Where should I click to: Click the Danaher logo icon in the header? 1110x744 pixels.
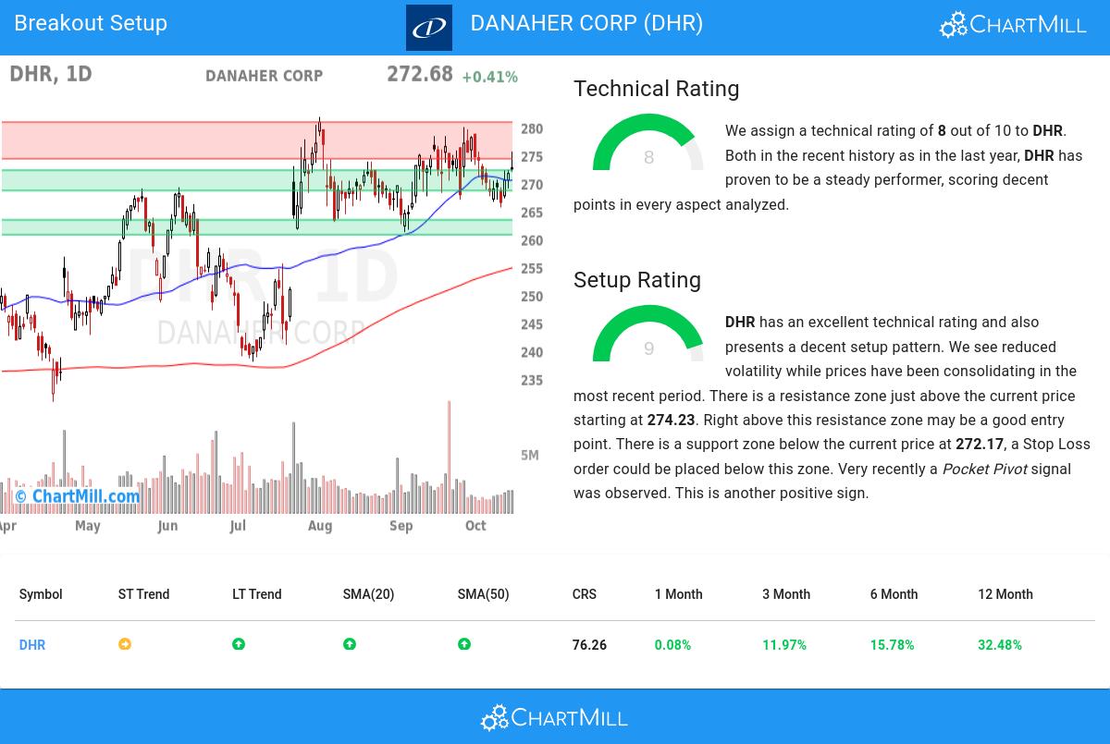click(429, 28)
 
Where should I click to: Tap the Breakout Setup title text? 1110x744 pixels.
click(91, 23)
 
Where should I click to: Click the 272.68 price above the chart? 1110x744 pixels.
click(420, 74)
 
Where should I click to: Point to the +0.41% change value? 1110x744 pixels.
click(489, 77)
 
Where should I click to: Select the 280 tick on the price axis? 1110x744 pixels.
click(532, 129)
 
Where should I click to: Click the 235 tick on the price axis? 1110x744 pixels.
click(532, 380)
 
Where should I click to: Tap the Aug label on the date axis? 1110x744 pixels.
click(319, 526)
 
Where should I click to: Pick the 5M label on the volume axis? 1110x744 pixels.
click(530, 455)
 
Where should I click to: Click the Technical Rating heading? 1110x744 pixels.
click(656, 89)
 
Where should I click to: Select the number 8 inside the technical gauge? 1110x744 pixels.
click(648, 158)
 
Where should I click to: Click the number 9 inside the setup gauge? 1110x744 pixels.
click(648, 348)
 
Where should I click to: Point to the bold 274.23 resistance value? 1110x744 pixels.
click(671, 421)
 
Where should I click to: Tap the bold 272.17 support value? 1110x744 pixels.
click(979, 445)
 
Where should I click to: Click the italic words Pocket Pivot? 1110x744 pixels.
click(984, 470)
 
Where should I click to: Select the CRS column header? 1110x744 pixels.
click(584, 594)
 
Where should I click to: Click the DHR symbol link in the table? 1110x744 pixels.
click(32, 645)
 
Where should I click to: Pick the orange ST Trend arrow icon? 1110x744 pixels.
click(125, 644)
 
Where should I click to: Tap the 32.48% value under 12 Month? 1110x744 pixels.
click(999, 645)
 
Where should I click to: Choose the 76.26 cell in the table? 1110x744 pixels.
click(589, 645)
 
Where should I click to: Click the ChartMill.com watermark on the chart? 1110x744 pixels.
click(79, 496)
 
